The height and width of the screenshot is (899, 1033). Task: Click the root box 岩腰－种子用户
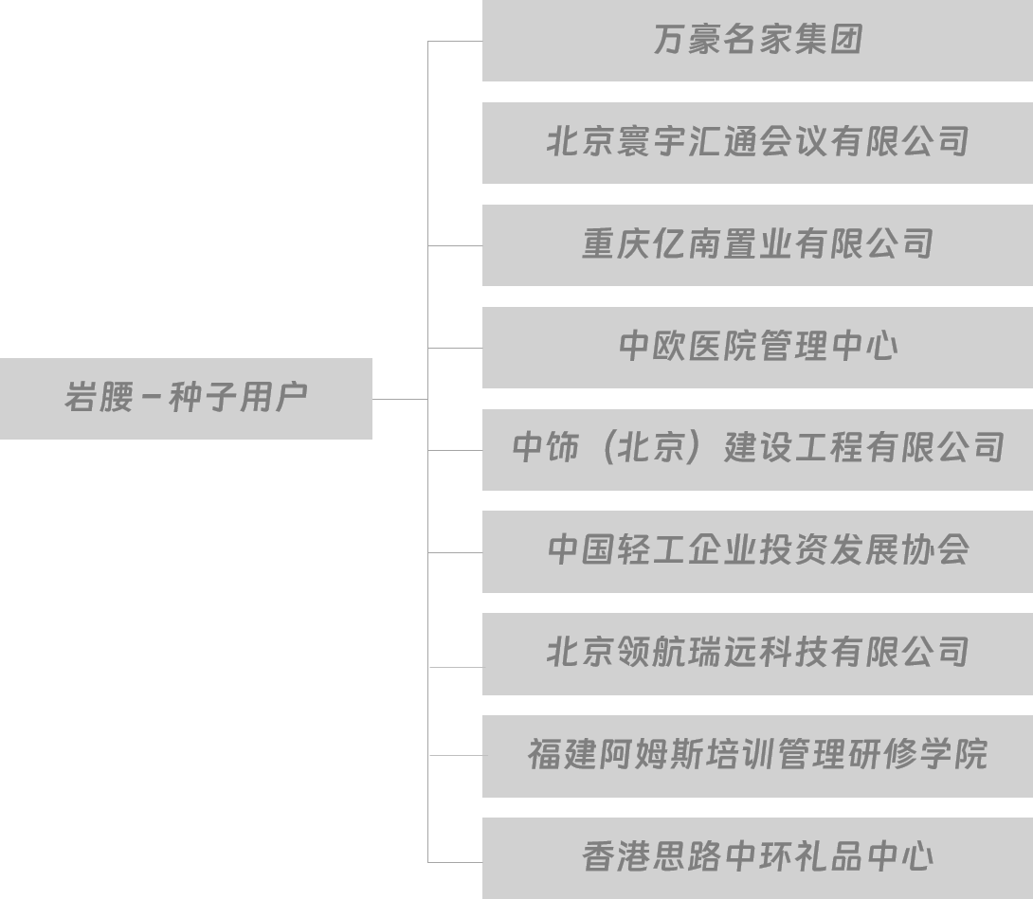coord(186,398)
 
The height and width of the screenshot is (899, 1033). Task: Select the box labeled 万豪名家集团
coord(757,41)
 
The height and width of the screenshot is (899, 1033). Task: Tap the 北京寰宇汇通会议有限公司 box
coord(757,143)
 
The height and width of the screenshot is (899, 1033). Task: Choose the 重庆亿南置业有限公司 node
coord(757,245)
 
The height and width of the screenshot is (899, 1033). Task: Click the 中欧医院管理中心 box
coord(757,347)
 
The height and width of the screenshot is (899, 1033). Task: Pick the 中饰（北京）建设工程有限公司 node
coord(757,449)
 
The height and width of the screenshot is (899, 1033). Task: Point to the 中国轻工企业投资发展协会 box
coord(757,551)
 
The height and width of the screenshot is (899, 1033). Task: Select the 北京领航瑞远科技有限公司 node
coord(757,654)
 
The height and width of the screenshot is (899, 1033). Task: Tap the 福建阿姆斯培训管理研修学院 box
coord(757,755)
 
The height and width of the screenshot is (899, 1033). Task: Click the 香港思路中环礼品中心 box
coord(757,857)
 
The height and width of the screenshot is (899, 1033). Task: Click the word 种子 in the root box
coord(203,398)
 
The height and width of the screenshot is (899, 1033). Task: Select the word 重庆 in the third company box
coord(617,245)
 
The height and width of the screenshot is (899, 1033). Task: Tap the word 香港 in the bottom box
coord(617,857)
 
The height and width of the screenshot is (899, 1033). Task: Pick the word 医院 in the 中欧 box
coord(723,347)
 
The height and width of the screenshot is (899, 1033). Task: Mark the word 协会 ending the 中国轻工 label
coord(934,551)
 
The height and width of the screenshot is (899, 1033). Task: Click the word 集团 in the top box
coord(828,41)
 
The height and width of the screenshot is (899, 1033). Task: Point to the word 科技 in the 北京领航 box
coord(793,654)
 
